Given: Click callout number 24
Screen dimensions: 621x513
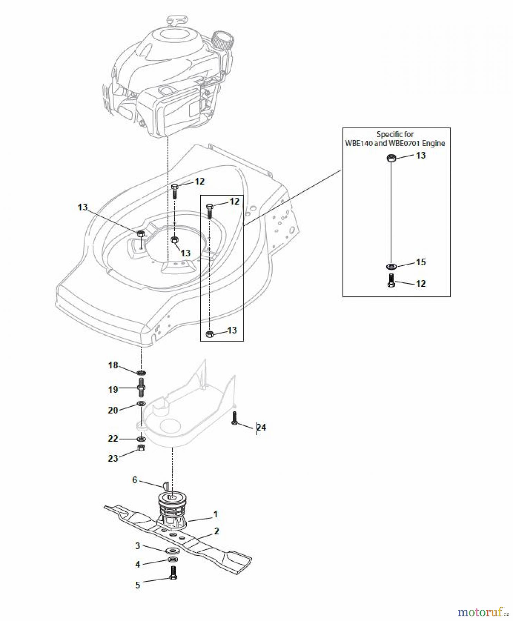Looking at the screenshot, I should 261,427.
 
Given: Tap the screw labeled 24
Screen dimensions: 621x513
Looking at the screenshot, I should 235,418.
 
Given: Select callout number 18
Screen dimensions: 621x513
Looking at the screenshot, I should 113,365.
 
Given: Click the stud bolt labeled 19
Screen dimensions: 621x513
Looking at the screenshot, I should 142,387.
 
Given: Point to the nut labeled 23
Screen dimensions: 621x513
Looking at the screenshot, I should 141,448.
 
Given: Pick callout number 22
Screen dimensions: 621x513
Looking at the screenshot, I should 113,438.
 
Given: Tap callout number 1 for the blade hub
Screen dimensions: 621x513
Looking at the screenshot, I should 215,514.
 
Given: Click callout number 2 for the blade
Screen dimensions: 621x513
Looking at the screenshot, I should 216,531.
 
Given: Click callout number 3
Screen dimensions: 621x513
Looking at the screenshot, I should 137,546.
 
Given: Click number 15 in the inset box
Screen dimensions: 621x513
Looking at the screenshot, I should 420,262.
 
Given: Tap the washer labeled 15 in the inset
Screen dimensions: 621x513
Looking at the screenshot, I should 391,266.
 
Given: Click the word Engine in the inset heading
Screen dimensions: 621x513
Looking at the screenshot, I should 433,143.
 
